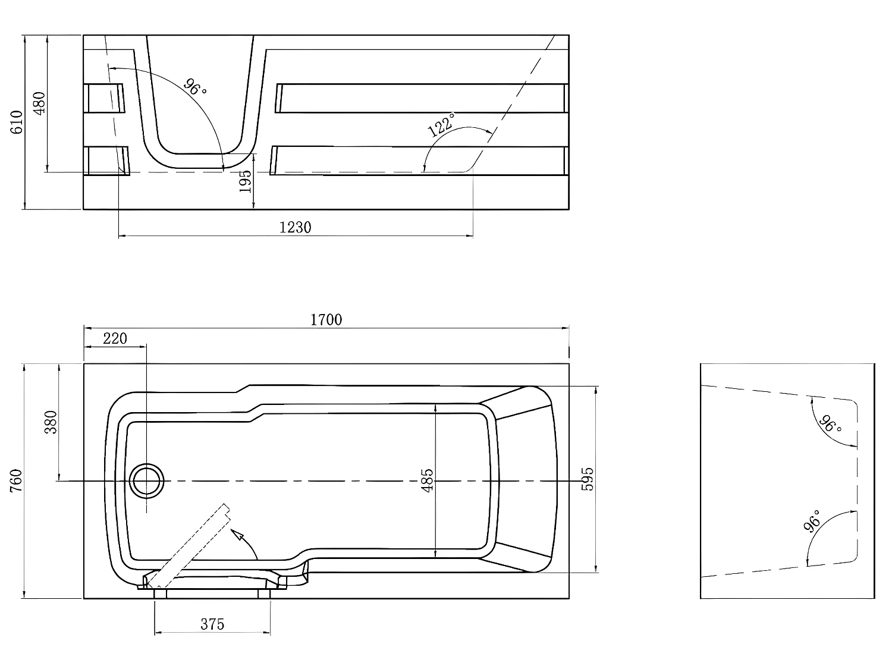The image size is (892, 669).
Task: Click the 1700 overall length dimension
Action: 326,320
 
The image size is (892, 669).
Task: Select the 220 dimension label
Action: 115,338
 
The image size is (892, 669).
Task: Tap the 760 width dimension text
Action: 16,481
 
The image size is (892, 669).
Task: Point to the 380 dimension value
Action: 51,422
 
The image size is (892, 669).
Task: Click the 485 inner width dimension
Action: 427,480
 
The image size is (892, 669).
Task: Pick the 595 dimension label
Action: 587,479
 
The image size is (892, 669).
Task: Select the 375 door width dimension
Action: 212,624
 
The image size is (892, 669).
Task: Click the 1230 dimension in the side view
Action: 296,227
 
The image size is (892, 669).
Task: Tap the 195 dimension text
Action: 245,181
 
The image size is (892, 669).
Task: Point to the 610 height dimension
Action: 16,122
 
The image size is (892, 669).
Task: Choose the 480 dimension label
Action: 39,103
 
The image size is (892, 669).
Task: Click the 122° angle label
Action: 442,125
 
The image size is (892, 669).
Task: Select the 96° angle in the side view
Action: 195,87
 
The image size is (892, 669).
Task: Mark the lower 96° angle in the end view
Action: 812,520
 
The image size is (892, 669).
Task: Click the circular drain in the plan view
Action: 147,481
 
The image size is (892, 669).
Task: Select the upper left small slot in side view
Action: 106,98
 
